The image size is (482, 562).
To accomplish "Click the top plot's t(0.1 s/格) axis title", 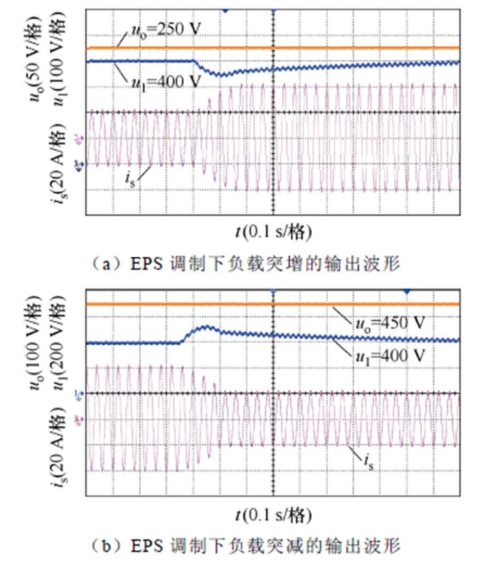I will (x=272, y=232).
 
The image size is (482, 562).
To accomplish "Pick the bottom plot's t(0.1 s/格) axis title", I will (x=272, y=515).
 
